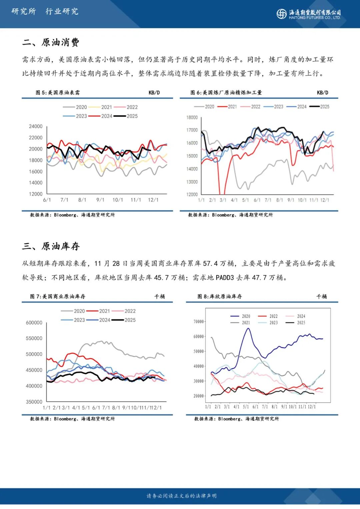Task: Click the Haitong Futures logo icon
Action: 281,14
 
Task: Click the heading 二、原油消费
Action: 51,42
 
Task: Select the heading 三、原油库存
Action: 51,246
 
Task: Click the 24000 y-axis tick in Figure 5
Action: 36,126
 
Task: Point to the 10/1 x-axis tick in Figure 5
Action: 118,200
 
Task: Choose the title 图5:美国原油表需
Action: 58,93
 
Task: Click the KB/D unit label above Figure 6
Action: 322,93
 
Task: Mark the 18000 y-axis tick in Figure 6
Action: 192,117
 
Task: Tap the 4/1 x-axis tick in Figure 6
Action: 234,200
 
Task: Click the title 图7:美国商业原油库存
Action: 58,296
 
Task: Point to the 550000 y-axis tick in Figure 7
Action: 34,338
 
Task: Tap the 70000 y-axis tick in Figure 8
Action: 199,322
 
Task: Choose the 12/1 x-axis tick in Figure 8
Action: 312,407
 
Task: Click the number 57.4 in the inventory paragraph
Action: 210,264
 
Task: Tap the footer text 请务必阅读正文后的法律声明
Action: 182,496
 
